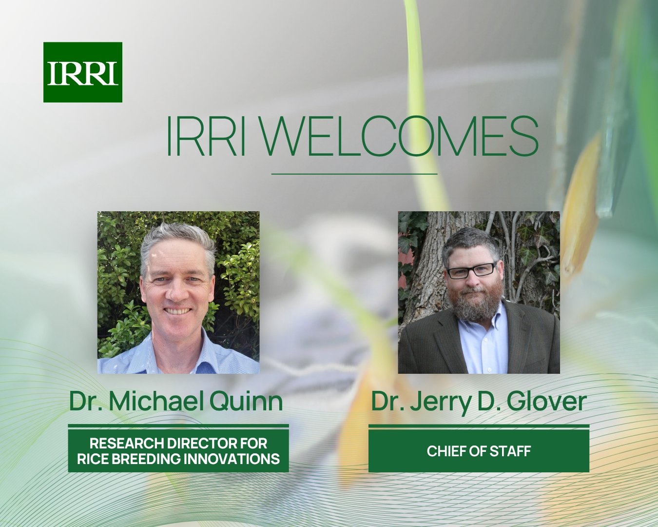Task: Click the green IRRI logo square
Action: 82,72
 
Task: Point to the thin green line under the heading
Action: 354,174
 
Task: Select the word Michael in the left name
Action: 156,401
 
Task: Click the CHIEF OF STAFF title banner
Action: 479,451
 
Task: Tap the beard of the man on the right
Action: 472,306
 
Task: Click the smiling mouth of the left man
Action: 176,310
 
